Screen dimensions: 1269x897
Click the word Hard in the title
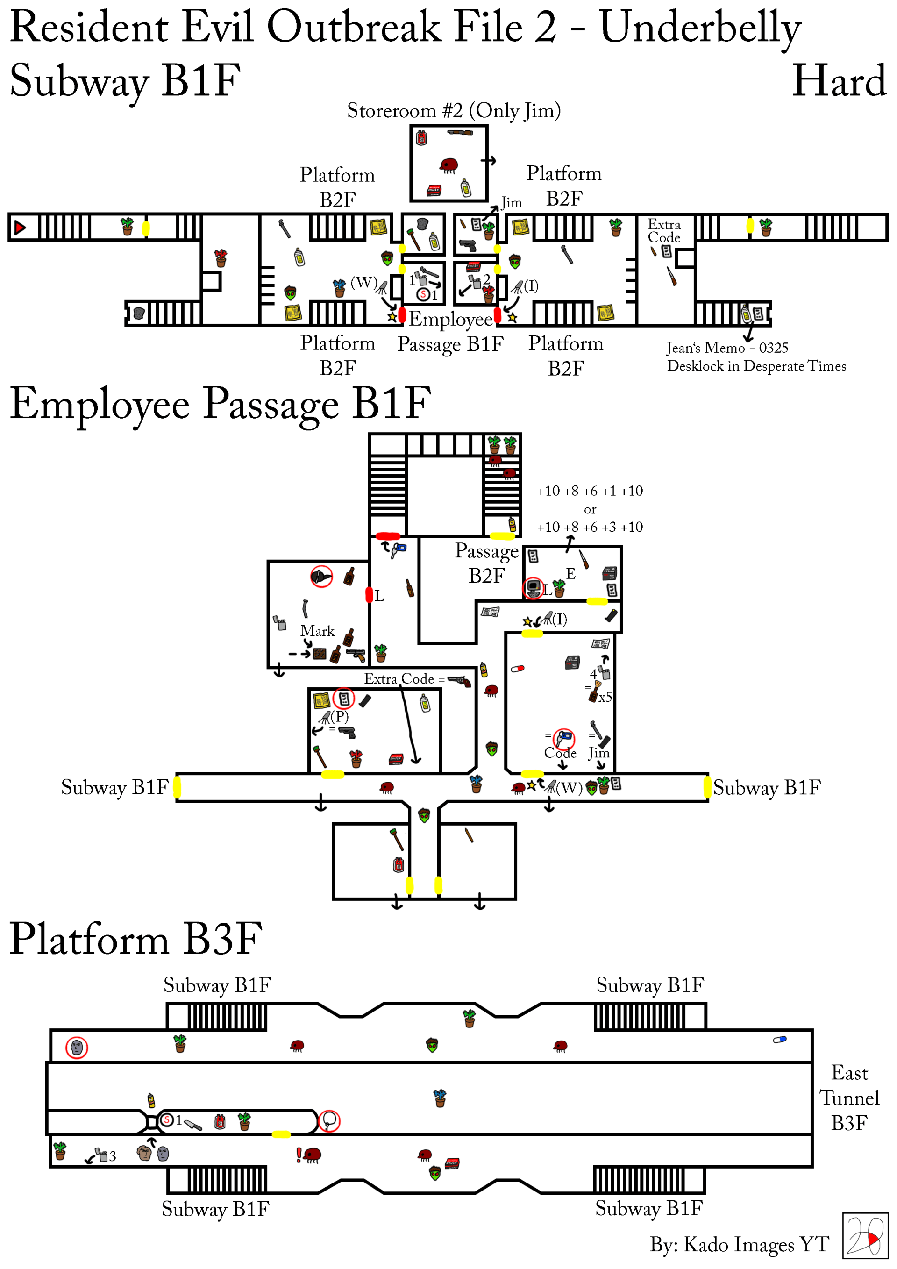[x=839, y=81]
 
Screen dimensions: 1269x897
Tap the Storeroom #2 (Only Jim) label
[x=453, y=111]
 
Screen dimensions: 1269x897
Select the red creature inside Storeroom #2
[x=449, y=165]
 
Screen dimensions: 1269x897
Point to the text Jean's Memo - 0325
[x=727, y=348]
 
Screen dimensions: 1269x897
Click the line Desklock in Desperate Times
[x=756, y=366]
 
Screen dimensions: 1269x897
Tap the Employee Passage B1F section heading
[x=220, y=404]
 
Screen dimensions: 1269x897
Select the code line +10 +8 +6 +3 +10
[x=590, y=527]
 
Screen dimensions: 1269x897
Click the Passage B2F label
[x=486, y=563]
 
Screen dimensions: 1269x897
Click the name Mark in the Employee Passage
[x=317, y=631]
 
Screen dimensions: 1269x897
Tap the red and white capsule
[x=517, y=668]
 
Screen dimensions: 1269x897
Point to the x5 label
[x=605, y=697]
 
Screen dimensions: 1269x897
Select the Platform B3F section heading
[x=135, y=939]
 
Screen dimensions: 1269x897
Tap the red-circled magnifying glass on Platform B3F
[x=329, y=1120]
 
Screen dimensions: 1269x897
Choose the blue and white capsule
[x=779, y=1040]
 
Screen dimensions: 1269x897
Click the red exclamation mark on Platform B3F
[x=299, y=1154]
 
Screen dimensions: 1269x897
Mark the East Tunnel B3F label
[x=849, y=1097]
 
